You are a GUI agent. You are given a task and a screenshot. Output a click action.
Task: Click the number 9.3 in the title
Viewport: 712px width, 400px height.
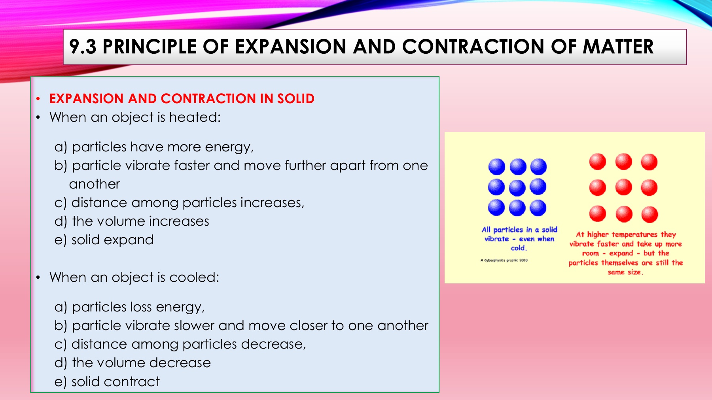pyautogui.click(x=83, y=47)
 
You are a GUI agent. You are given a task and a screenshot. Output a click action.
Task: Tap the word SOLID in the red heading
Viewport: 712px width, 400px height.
pyautogui.click(x=295, y=98)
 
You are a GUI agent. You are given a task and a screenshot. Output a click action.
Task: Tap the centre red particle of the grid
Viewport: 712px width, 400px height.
pyautogui.click(x=624, y=187)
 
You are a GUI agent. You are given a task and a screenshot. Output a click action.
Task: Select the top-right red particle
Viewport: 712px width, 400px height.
pyautogui.click(x=649, y=162)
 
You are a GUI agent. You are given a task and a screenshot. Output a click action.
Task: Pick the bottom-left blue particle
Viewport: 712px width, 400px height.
pyautogui.click(x=496, y=208)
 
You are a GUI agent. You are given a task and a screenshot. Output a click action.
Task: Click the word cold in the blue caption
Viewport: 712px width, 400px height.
pyautogui.click(x=519, y=248)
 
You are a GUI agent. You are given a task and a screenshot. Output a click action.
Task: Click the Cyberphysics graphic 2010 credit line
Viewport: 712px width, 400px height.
pyautogui.click(x=504, y=260)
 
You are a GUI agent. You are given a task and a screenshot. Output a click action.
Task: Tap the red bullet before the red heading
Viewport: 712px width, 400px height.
pyautogui.click(x=38, y=99)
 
